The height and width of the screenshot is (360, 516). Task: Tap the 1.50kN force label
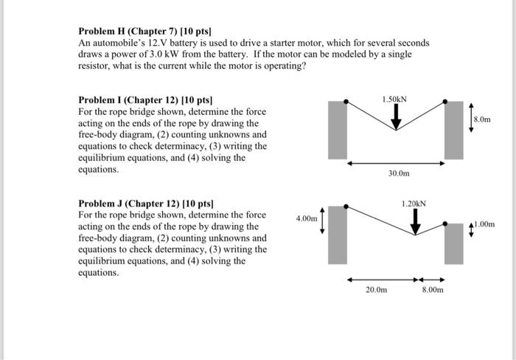point(395,99)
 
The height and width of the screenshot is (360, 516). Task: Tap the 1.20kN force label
point(414,202)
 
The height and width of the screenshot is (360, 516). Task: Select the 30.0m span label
point(398,174)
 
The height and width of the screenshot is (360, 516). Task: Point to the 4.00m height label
point(306,218)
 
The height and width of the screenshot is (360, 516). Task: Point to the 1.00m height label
point(485,224)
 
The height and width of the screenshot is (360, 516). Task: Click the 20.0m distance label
point(376,291)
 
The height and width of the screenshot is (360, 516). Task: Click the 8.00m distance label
point(433,291)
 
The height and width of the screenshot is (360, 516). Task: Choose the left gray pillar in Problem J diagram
point(338,235)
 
